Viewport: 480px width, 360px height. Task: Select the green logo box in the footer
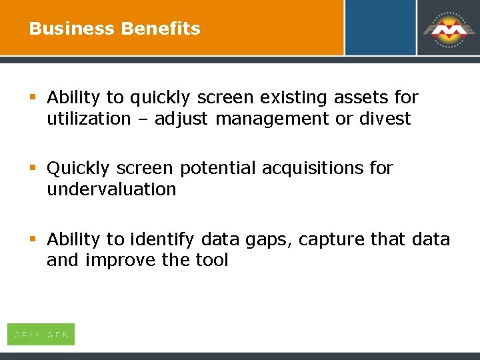coord(41,334)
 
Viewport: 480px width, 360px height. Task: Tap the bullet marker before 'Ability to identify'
coord(33,239)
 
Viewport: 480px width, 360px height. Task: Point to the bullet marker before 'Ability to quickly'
coord(33,98)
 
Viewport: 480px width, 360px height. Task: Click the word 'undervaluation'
coord(111,189)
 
